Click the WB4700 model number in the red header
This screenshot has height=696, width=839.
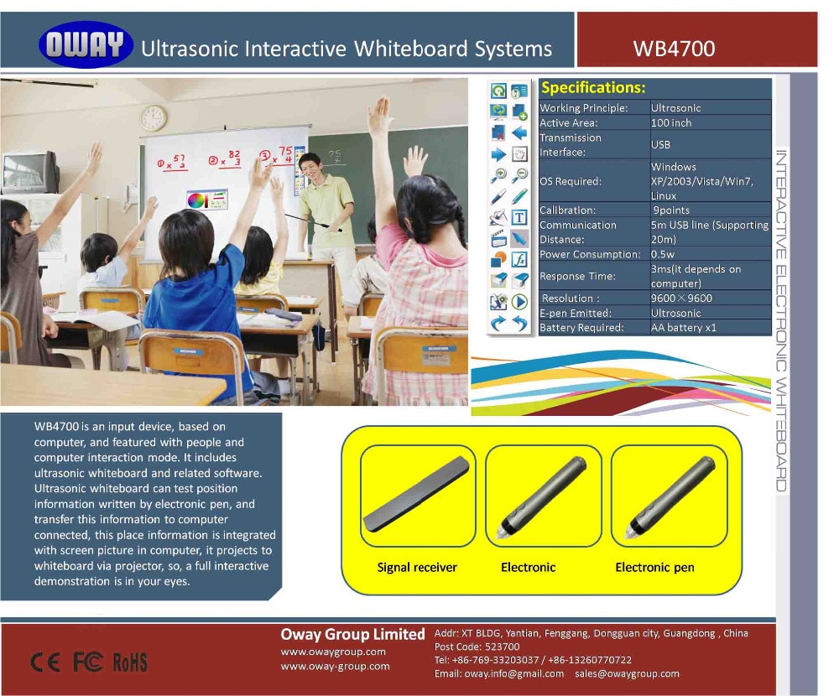674,48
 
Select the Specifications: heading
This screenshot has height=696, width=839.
593,87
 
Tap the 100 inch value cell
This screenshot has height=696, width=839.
671,122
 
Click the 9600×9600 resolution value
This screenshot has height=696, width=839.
681,298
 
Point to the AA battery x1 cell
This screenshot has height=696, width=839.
684,327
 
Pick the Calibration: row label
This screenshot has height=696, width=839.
567,210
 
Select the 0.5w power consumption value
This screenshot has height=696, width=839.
664,254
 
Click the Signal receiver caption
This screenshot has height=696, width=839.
417,568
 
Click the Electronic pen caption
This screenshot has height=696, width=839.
654,568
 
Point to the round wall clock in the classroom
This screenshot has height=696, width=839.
154,117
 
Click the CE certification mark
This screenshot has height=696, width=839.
45,662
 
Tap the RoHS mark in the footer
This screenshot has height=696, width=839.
129,662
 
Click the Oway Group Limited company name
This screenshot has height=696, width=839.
352,634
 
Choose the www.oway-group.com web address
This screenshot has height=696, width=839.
335,667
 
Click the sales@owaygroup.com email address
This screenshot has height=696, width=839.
627,673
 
